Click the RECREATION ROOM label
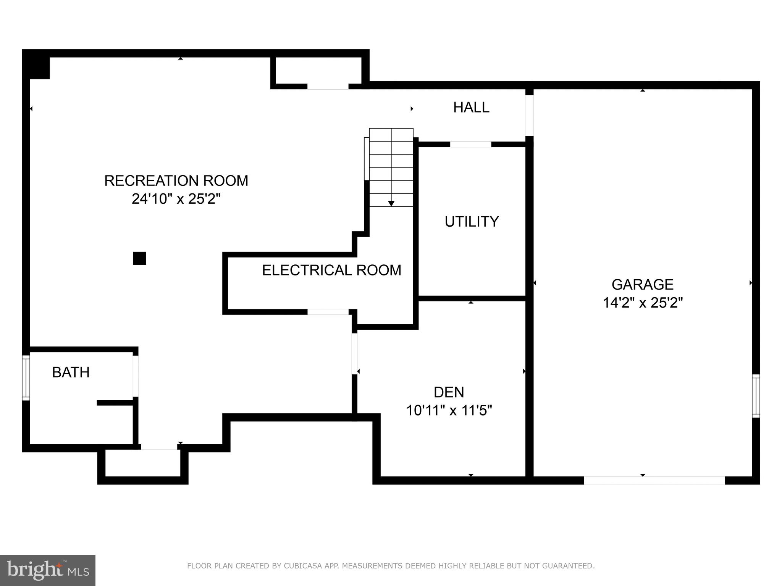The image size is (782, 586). pos(176,181)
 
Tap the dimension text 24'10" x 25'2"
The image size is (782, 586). pos(176,199)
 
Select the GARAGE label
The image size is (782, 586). pos(642,285)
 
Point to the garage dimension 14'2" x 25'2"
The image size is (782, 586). pos(642,303)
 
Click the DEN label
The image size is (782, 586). pos(449,392)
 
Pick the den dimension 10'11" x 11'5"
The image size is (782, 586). pos(449,411)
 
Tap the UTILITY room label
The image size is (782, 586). pos(472,222)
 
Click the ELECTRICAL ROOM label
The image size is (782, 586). pos(331,270)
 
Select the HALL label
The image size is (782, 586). pos(471,108)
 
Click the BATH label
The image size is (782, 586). pos(71,372)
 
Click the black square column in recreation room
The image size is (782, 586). pos(139,258)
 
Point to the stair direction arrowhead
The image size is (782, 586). pos(391,204)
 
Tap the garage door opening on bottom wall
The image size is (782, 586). pos(654,480)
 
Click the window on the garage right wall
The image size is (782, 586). pos(756,396)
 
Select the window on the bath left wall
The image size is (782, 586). pos(26,378)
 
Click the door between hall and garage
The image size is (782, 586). pos(529,115)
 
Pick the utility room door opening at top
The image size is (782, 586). pos(470,144)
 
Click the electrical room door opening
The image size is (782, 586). pos(328,312)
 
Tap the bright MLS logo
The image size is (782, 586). pos(47,570)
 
